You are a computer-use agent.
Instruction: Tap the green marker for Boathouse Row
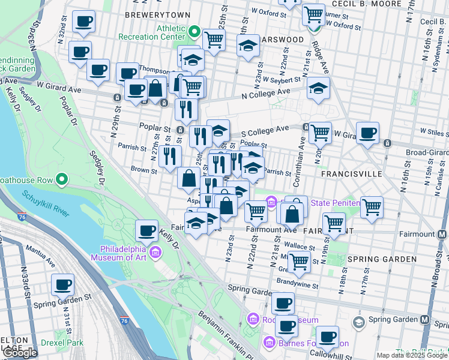coord(61,179)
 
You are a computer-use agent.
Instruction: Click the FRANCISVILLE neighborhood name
coord(352,173)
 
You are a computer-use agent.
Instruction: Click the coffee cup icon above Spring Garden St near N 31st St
coord(62,284)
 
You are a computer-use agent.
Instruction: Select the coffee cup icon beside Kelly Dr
coord(146,230)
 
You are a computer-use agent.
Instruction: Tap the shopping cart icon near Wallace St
coord(298,261)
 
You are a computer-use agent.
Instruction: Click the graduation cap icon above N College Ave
coord(318,88)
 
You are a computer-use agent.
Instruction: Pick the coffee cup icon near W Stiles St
coord(367,133)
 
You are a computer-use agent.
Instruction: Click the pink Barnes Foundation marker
coord(268,343)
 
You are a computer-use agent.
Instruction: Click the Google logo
coord(20,353)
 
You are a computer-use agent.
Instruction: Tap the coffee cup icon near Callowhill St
coord(327,337)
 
